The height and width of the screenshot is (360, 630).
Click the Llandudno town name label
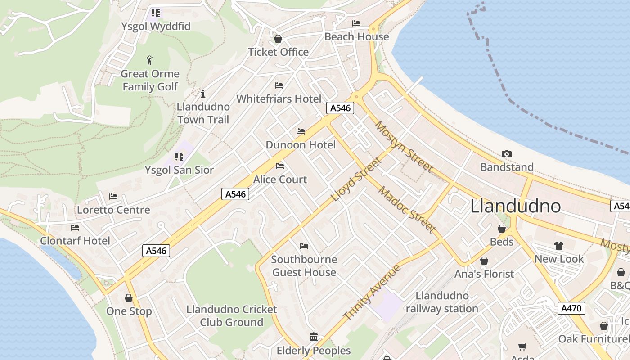[x=516, y=206]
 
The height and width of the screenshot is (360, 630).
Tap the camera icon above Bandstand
[x=507, y=154]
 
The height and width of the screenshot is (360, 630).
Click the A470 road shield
[x=572, y=308]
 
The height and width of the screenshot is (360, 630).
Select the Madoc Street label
[x=407, y=210]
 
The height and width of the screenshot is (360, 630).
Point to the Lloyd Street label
[x=356, y=180]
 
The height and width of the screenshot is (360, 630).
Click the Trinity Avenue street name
[x=372, y=292]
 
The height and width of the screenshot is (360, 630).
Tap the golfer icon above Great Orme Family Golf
[x=150, y=60]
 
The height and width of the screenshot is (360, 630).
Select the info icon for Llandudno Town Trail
[x=203, y=94]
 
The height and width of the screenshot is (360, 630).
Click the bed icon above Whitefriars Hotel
[x=279, y=85]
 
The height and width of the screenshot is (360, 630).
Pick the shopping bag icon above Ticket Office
[x=278, y=39]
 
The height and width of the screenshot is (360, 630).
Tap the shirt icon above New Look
[x=559, y=246]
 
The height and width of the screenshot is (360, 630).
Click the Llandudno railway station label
[x=442, y=302]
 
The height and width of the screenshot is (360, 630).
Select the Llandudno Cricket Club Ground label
[x=232, y=316]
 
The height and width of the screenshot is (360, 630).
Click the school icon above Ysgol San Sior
[x=179, y=157]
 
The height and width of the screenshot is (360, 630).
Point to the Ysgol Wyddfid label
[x=156, y=26]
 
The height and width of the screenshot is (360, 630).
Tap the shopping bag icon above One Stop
[x=129, y=298]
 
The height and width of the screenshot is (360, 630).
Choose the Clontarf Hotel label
[x=75, y=241]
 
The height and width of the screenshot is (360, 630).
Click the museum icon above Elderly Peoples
[x=314, y=337]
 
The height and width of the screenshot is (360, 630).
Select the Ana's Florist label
[x=484, y=274]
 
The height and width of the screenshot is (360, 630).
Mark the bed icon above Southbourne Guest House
[x=304, y=246]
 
